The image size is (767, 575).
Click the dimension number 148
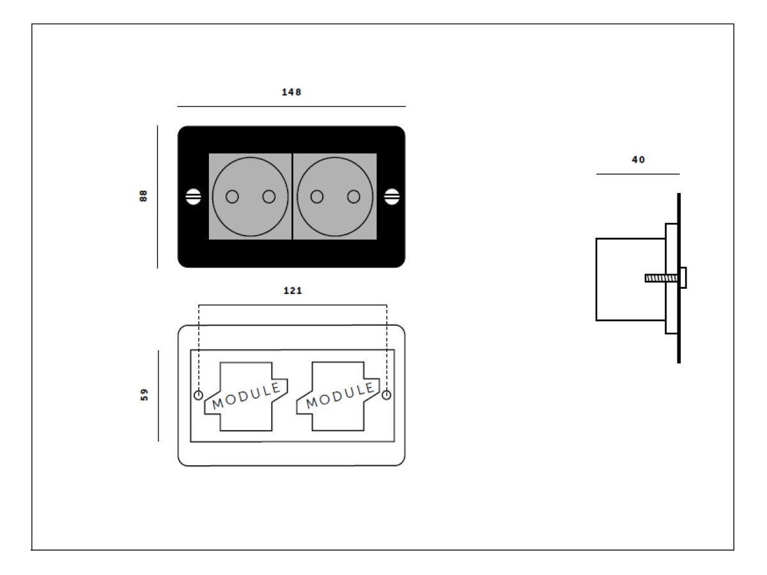[x=291, y=92]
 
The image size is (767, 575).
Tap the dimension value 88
[x=144, y=195]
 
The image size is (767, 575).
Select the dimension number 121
[x=292, y=291]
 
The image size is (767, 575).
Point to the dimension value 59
[x=144, y=395]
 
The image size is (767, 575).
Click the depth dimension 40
[x=638, y=160]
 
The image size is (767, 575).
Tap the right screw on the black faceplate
[x=391, y=197]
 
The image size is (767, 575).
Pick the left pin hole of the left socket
[x=233, y=197]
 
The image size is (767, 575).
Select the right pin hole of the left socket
[x=269, y=197]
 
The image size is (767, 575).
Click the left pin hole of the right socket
[x=316, y=197]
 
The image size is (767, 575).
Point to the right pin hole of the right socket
[x=353, y=197]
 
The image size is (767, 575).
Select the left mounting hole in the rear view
[x=198, y=395]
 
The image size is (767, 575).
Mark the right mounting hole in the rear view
[x=386, y=395]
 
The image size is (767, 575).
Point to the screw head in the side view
[x=683, y=278]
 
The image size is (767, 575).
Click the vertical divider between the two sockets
[x=292, y=197]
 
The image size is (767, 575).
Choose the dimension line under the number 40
[x=638, y=174]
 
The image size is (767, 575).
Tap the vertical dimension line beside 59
[x=159, y=395]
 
